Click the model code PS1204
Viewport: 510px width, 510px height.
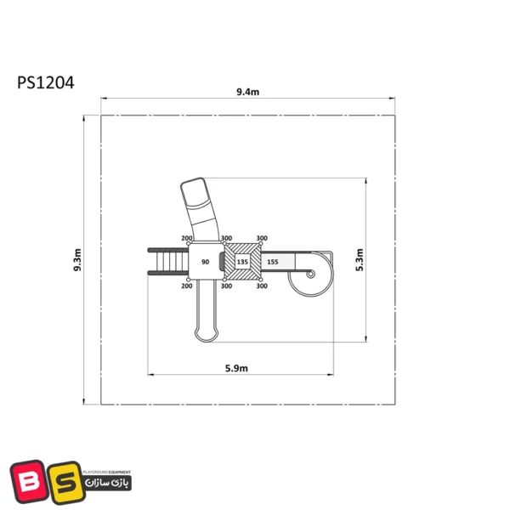tap(46, 82)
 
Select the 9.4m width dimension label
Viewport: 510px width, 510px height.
tap(248, 92)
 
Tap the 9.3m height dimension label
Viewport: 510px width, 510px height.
tap(77, 260)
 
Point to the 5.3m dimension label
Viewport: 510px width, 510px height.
tap(360, 260)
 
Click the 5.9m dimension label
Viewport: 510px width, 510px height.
tap(236, 368)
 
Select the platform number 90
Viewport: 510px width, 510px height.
tap(205, 262)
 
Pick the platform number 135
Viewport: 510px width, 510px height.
tap(242, 262)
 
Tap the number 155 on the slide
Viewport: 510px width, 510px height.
tap(273, 262)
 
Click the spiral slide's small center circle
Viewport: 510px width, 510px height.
tap(310, 275)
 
